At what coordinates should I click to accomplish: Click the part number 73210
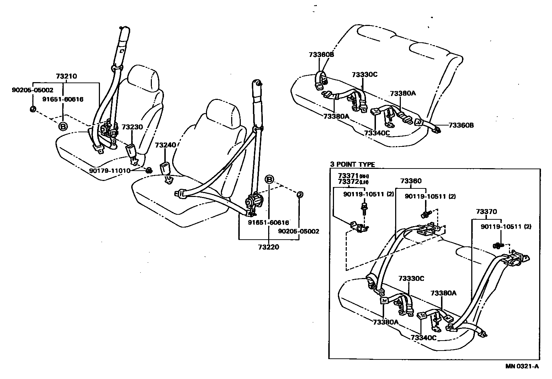[66, 76]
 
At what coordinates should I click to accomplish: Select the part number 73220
[269, 247]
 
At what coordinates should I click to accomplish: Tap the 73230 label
[132, 127]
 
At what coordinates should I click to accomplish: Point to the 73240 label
[165, 145]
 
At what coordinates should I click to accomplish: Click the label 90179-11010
[110, 171]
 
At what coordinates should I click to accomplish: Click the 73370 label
[486, 212]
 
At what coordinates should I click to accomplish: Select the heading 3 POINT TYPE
[352, 164]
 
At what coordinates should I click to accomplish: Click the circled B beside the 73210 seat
[63, 126]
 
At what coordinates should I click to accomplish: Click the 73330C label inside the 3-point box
[411, 278]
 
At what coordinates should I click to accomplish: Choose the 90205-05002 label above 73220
[299, 231]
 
